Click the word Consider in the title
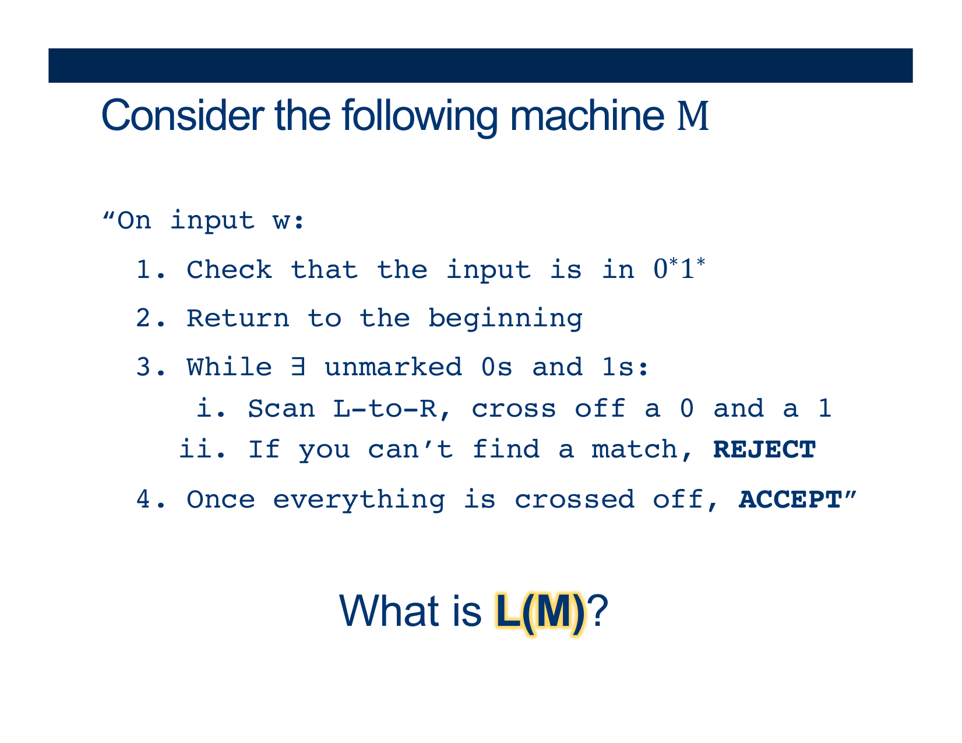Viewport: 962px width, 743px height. click(183, 115)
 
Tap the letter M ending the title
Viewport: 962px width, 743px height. click(693, 116)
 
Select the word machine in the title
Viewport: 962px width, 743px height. click(587, 115)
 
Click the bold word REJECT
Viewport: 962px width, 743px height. click(764, 449)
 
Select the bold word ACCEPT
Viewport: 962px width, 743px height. click(790, 499)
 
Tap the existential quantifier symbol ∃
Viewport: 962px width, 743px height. click(298, 367)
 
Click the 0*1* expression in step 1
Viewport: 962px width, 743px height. click(679, 268)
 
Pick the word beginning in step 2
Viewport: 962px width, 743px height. click(506, 319)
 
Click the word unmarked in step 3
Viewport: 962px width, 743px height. click(393, 367)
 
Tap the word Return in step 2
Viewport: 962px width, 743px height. click(238, 318)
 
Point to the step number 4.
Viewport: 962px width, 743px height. click(143, 499)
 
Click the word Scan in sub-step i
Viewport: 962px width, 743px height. click(281, 408)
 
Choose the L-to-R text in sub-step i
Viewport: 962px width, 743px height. click(385, 408)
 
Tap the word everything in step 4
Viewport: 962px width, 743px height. click(359, 501)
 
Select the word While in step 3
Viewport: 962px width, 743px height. click(230, 367)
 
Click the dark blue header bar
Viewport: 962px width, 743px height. click(480, 65)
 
